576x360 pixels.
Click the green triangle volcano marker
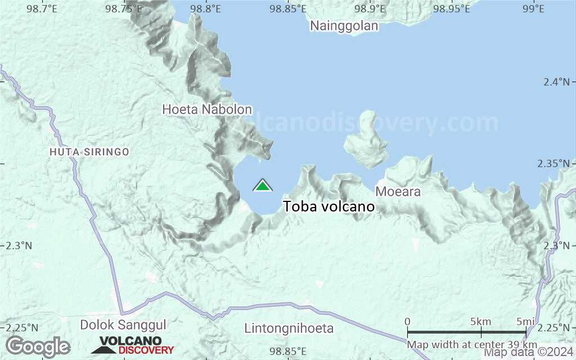tap(263, 186)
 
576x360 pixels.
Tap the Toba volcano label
tap(329, 207)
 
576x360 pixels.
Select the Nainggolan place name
tap(344, 26)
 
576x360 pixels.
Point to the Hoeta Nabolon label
tap(207, 110)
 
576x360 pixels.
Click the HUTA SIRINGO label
tap(89, 152)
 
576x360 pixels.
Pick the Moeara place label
tap(398, 192)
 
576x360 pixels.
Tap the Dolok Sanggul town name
tap(123, 325)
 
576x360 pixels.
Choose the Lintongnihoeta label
tap(289, 328)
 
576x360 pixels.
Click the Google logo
tap(38, 346)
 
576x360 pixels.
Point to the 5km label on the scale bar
tap(481, 322)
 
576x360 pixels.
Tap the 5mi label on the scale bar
tap(526, 322)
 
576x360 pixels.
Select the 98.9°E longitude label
tap(370, 9)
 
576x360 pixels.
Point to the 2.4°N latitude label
tap(557, 82)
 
